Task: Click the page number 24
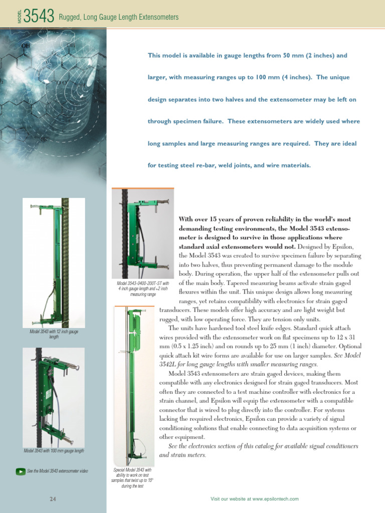[53, 498]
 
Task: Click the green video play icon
[20, 471]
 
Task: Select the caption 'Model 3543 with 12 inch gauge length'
[54, 335]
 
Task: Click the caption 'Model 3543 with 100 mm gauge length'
[54, 451]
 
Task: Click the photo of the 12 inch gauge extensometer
[54, 263]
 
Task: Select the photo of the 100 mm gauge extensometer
[54, 396]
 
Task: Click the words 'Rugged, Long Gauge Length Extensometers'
[119, 18]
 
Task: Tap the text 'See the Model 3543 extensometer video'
[58, 471]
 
